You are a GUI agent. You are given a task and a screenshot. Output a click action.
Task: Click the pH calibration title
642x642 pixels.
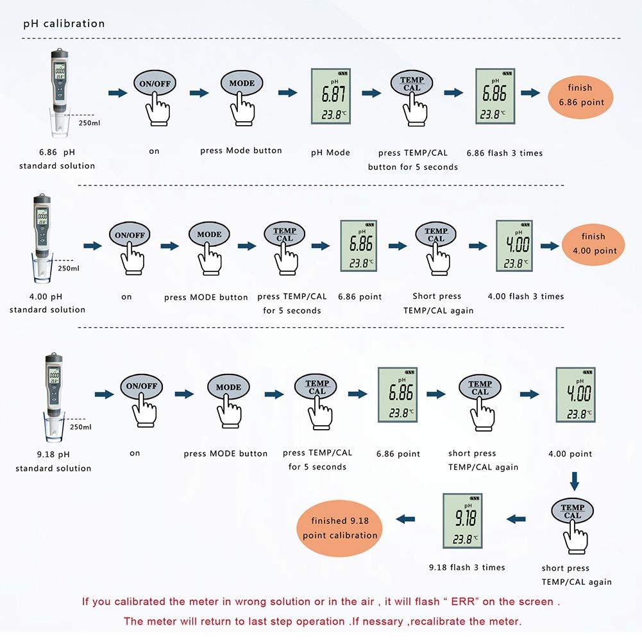tap(63, 24)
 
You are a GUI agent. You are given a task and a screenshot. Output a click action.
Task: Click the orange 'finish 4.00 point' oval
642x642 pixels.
tap(593, 244)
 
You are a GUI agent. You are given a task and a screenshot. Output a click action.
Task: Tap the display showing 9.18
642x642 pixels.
tap(466, 520)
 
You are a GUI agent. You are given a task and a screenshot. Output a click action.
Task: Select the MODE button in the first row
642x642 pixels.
tap(242, 83)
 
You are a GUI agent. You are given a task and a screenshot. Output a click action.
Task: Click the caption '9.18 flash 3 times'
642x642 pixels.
tap(466, 568)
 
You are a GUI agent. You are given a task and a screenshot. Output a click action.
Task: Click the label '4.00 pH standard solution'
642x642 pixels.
tap(47, 303)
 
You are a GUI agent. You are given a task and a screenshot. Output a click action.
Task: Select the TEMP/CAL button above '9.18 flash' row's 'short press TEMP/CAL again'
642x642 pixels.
tap(572, 512)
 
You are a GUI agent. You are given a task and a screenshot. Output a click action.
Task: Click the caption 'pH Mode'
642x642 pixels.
tap(330, 153)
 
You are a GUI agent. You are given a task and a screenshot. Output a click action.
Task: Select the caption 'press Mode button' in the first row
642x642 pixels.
tap(241, 151)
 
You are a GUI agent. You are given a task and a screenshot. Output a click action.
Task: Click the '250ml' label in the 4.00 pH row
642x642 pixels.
tap(68, 269)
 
